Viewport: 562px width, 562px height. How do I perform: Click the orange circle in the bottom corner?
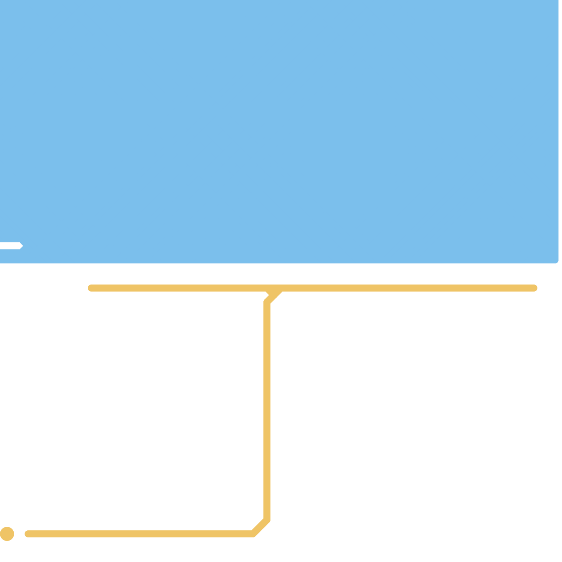click(x=7, y=534)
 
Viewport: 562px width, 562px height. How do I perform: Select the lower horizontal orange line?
click(x=140, y=534)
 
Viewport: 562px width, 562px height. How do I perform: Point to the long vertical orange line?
click(x=267, y=411)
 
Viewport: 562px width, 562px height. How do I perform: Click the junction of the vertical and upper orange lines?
click(x=274, y=289)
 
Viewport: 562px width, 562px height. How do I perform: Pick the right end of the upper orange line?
click(x=535, y=288)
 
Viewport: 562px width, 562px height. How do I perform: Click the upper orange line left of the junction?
click(x=176, y=288)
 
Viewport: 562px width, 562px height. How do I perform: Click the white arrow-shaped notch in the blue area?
click(x=11, y=246)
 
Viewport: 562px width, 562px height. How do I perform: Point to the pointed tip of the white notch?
click(x=22, y=246)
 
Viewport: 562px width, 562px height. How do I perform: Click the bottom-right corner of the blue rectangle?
click(x=557, y=262)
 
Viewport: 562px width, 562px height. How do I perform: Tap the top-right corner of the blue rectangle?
click(x=558, y=1)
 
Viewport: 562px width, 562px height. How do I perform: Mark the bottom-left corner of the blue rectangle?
click(x=1, y=262)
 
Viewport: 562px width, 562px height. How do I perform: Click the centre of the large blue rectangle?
click(x=279, y=131)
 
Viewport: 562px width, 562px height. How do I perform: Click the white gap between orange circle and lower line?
click(x=19, y=534)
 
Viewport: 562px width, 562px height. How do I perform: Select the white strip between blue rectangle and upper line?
click(x=281, y=274)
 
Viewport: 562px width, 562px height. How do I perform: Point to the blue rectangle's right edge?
click(x=558, y=131)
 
